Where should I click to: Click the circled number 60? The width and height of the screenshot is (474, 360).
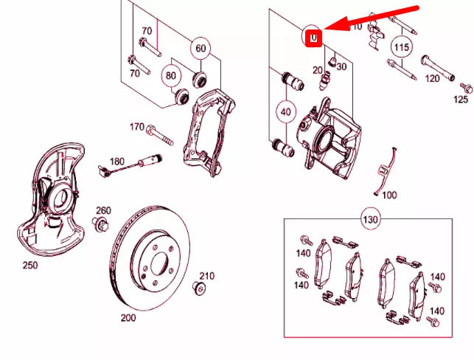click(x=200, y=49)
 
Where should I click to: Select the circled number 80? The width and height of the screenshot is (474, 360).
click(x=171, y=75)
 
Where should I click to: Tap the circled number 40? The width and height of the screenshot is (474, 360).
click(x=285, y=112)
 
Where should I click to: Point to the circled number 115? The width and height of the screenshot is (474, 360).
click(x=400, y=48)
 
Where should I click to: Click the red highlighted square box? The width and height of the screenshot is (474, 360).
click(x=313, y=36)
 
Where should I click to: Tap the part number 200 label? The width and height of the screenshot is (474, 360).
click(x=128, y=319)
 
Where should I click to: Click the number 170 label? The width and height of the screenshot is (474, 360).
click(x=137, y=127)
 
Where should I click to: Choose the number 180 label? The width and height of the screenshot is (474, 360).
click(x=117, y=162)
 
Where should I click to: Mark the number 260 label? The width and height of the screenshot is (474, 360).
click(x=102, y=211)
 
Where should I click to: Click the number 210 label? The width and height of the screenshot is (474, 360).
click(x=206, y=276)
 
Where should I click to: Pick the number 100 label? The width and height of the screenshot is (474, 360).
click(x=389, y=195)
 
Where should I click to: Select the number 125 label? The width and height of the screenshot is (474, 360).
click(x=461, y=98)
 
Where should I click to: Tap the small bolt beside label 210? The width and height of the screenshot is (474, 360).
click(x=198, y=288)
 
